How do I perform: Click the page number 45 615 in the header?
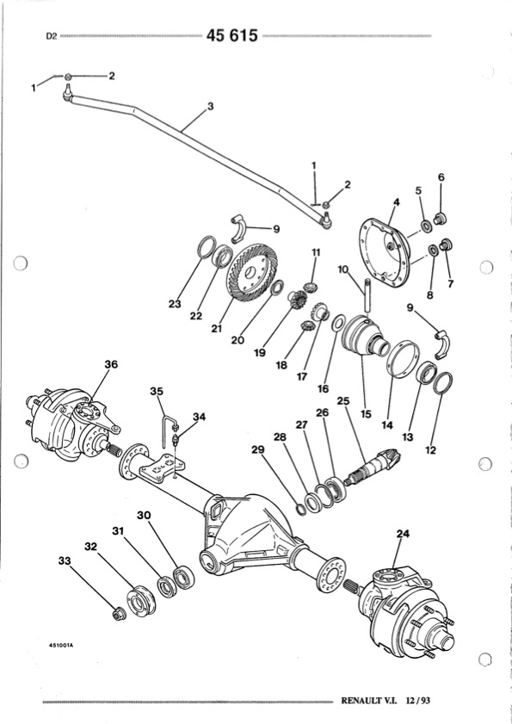click(231, 35)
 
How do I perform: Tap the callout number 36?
click(111, 364)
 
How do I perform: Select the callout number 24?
click(403, 534)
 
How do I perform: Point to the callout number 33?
click(65, 561)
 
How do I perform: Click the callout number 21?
click(217, 329)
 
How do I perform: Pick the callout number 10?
click(343, 269)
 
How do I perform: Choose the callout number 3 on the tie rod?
click(211, 106)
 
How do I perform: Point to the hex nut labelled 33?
click(118, 615)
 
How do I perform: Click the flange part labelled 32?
click(141, 601)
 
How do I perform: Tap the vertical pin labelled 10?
click(367, 295)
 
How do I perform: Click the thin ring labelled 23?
click(207, 246)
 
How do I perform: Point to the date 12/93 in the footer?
click(418, 701)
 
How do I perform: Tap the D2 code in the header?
click(52, 36)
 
